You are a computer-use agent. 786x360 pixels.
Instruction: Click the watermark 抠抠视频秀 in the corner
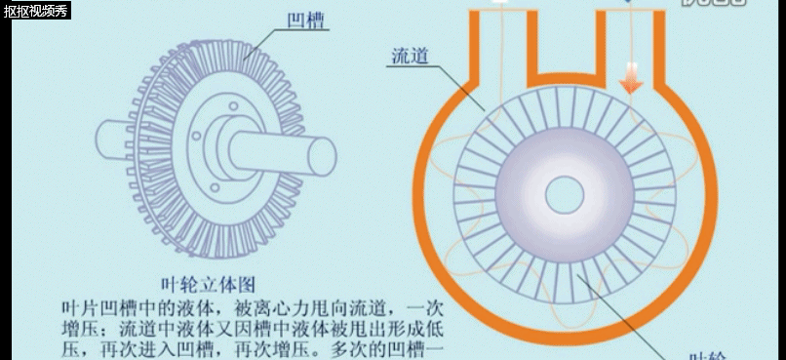pyautogui.click(x=35, y=11)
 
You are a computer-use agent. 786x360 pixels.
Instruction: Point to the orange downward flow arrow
pyautogui.click(x=631, y=78)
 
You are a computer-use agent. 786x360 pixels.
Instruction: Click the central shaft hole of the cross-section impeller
pyautogui.click(x=564, y=194)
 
